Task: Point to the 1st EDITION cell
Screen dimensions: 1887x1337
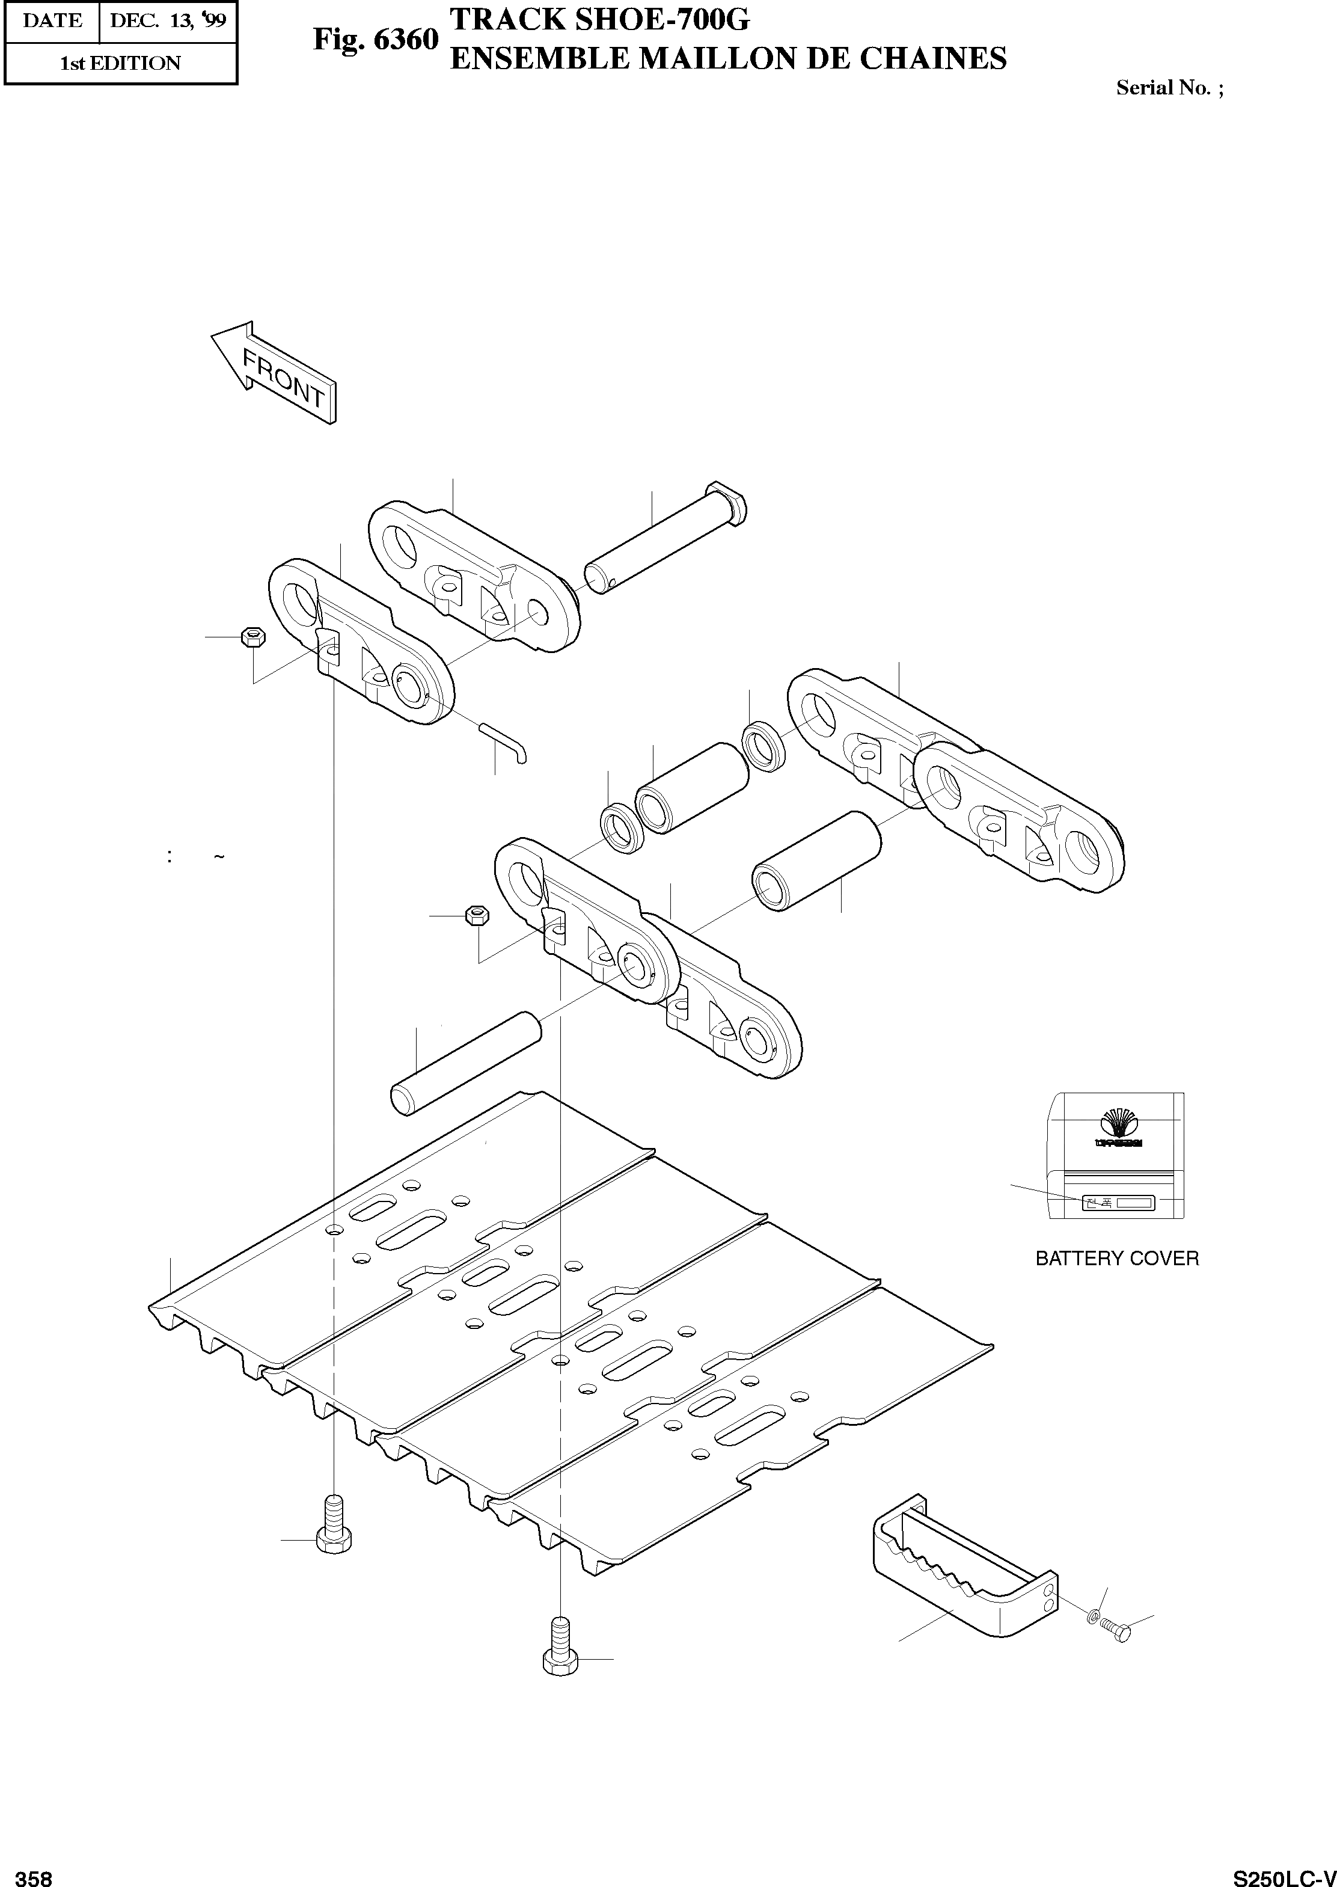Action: click(120, 63)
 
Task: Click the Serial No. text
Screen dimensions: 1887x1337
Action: click(1169, 88)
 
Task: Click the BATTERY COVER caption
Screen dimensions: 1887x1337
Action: click(1116, 1258)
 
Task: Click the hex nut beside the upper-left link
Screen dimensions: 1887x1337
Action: click(252, 637)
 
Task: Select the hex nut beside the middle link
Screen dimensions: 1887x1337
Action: click(477, 915)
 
